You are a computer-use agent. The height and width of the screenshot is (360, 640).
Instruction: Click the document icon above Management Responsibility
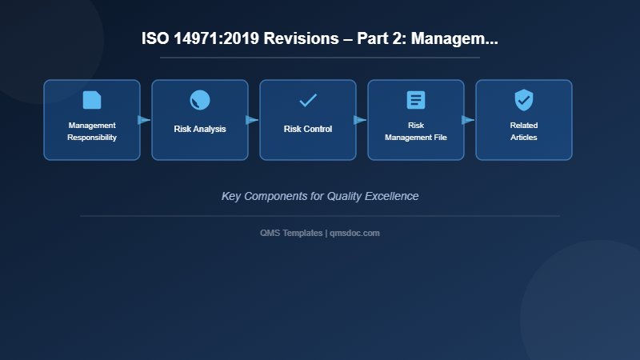(92, 100)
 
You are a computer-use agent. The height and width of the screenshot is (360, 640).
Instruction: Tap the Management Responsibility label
(92, 131)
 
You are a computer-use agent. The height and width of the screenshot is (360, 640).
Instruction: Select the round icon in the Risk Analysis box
(200, 100)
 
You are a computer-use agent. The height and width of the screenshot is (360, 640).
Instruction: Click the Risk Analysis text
(200, 129)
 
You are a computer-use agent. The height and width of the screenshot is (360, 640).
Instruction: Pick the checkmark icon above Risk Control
(308, 100)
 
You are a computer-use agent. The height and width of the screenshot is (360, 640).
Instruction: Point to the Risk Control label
(308, 129)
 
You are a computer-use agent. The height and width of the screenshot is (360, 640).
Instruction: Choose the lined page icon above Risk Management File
(416, 100)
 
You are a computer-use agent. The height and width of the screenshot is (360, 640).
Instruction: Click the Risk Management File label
(416, 131)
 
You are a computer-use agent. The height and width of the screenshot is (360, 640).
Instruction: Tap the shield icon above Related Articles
(524, 100)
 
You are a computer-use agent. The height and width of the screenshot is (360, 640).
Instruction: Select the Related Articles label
(524, 131)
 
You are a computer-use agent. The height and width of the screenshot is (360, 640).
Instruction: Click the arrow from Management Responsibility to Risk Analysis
(144, 120)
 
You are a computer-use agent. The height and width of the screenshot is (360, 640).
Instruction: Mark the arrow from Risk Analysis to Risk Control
(252, 120)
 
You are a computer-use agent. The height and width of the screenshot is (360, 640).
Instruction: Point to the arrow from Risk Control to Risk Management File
(360, 120)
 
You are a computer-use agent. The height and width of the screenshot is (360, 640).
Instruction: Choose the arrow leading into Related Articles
(468, 120)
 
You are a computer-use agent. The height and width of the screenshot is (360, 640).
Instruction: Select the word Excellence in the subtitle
(389, 196)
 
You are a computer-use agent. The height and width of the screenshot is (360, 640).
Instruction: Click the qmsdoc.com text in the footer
(354, 233)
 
